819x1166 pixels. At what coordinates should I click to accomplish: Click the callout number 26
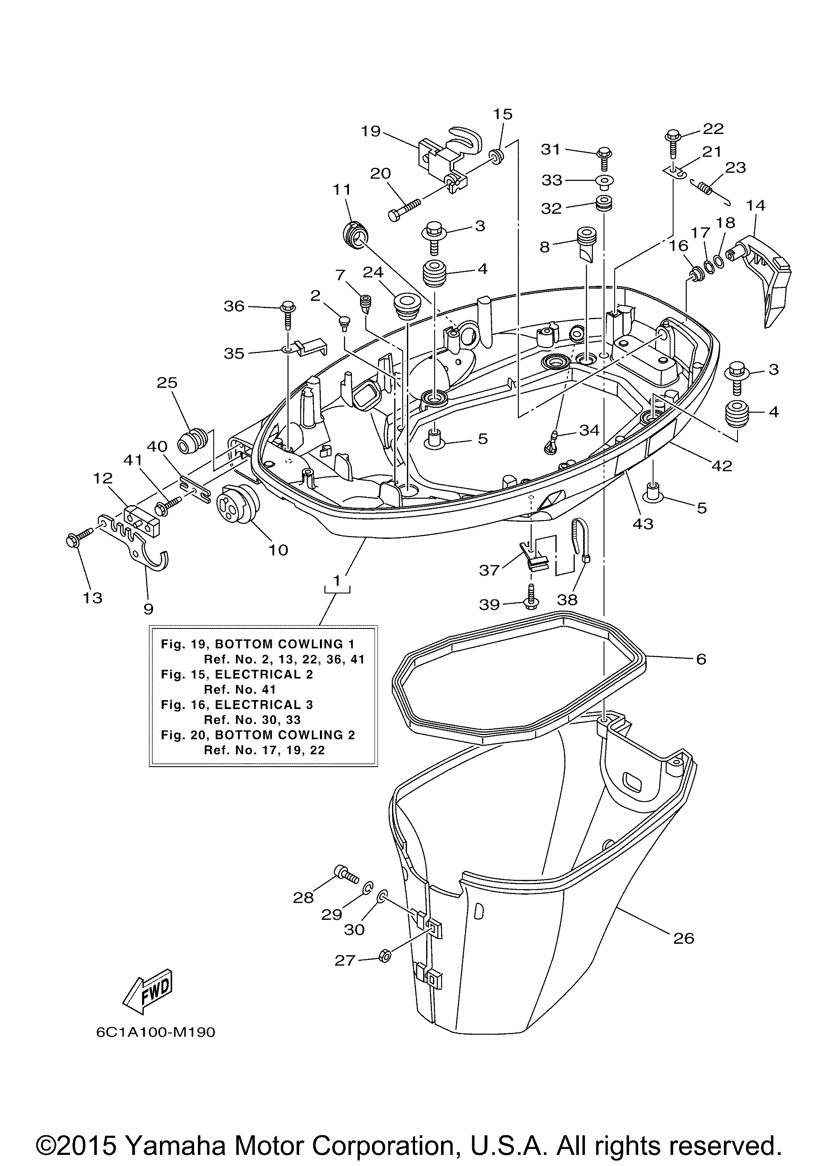point(683,938)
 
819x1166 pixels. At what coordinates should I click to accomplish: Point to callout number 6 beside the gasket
point(701,659)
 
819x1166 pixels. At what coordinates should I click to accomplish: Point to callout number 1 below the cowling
point(337,579)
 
